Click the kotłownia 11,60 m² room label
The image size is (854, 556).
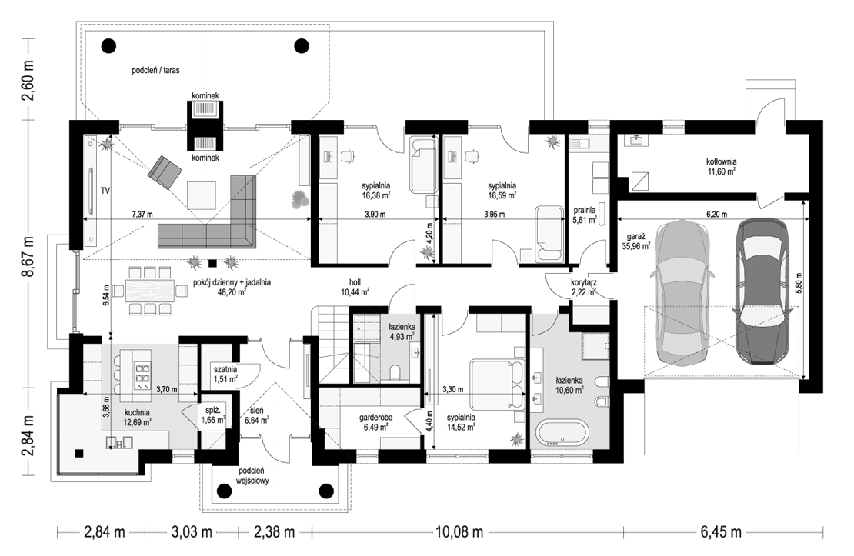pyautogui.click(x=721, y=166)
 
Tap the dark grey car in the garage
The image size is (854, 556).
pyautogui.click(x=762, y=291)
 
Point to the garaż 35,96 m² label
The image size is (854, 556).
pyautogui.click(x=639, y=241)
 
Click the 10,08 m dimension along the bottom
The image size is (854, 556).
pyautogui.click(x=459, y=531)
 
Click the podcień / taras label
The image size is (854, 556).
pyautogui.click(x=155, y=70)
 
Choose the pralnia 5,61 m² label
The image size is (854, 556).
pyautogui.click(x=585, y=215)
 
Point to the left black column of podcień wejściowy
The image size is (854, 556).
pyautogui.click(x=223, y=491)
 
